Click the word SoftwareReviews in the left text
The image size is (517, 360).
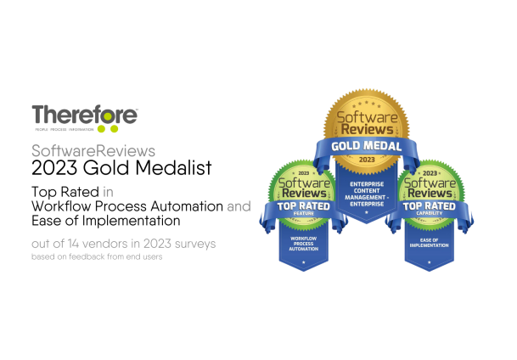point(93,151)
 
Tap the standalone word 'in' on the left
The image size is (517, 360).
point(108,192)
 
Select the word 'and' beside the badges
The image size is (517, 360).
point(239,206)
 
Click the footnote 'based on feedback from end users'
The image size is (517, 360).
point(97,256)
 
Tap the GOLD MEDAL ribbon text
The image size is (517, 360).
point(365,145)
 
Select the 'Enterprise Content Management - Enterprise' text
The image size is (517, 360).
point(365,194)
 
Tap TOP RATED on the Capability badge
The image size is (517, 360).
point(428,205)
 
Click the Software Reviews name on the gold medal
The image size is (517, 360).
point(365,122)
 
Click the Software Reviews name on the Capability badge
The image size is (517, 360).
point(428,187)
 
